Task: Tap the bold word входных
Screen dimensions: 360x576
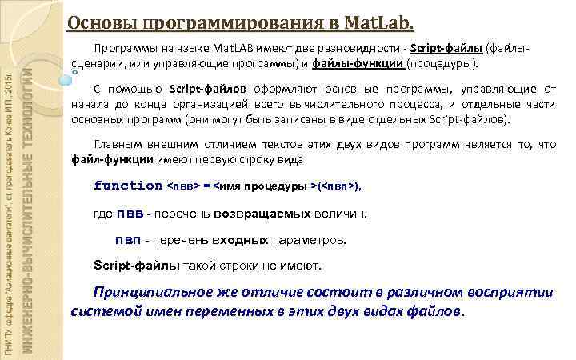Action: click(240, 240)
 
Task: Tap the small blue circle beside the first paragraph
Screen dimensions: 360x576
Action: click(74, 71)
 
